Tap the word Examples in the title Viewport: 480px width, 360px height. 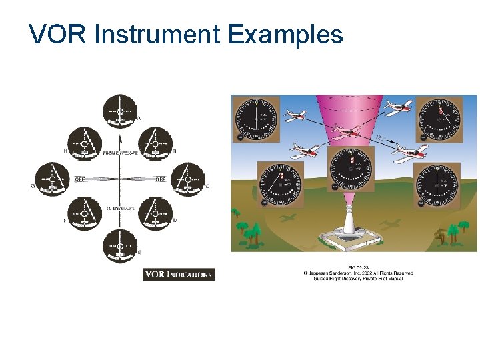click(x=285, y=35)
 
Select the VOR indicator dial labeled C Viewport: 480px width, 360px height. click(x=188, y=179)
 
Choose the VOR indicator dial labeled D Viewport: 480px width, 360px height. click(x=155, y=214)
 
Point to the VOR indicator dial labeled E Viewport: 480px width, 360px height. click(x=120, y=246)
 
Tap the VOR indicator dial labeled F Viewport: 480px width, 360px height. click(x=85, y=214)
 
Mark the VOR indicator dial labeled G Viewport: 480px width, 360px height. click(x=52, y=179)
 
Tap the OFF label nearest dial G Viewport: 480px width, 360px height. click(x=79, y=179)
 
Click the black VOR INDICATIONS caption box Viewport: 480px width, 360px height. click(x=179, y=274)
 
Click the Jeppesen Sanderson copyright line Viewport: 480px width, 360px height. click(x=358, y=273)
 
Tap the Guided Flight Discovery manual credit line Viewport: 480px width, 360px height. click(x=358, y=278)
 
